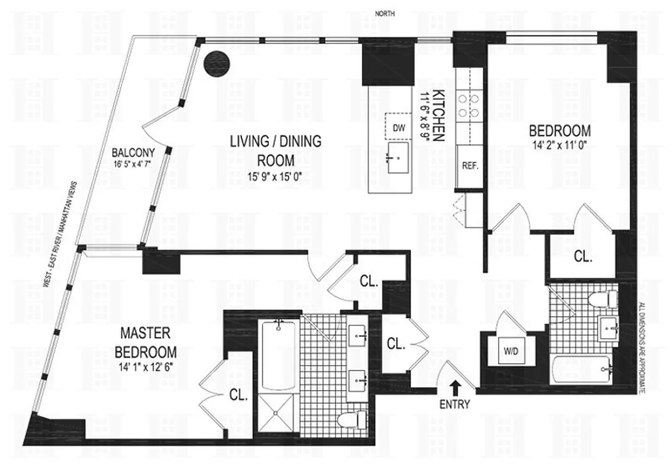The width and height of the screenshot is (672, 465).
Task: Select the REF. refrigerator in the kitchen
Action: [470, 166]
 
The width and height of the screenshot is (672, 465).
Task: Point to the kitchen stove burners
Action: [468, 105]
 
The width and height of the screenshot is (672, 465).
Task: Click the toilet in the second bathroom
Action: [600, 301]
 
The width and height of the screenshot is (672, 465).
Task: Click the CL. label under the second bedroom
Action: [582, 256]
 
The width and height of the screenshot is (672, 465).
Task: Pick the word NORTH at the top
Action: [385, 13]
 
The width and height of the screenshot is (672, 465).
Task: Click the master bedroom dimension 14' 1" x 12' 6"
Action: [145, 367]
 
